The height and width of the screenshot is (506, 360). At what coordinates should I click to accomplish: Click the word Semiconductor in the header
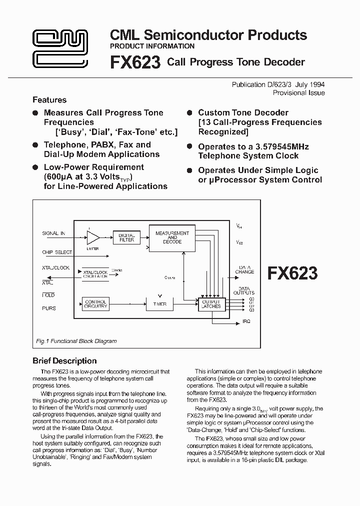(197, 35)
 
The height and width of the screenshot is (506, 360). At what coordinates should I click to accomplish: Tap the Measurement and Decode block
(172, 237)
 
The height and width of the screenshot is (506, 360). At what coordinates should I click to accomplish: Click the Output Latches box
(211, 304)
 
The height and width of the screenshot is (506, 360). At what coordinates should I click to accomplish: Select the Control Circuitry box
(95, 303)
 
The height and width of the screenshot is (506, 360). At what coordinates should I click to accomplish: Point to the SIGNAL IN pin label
(53, 233)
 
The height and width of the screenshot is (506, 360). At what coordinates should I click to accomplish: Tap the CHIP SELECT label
(57, 252)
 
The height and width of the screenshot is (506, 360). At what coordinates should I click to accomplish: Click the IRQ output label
(246, 320)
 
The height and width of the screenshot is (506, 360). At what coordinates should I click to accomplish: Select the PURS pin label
(49, 308)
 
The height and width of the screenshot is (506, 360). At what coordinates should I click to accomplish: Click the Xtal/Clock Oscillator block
(95, 273)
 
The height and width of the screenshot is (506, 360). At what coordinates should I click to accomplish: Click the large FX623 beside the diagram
(292, 273)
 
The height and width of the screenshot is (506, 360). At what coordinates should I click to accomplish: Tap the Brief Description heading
(64, 361)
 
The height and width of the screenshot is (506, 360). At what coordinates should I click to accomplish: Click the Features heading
(49, 100)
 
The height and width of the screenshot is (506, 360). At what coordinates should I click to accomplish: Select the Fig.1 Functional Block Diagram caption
(76, 341)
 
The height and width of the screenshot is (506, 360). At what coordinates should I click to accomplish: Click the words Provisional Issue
(298, 93)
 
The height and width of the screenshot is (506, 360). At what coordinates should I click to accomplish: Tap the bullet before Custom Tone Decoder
(189, 113)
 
